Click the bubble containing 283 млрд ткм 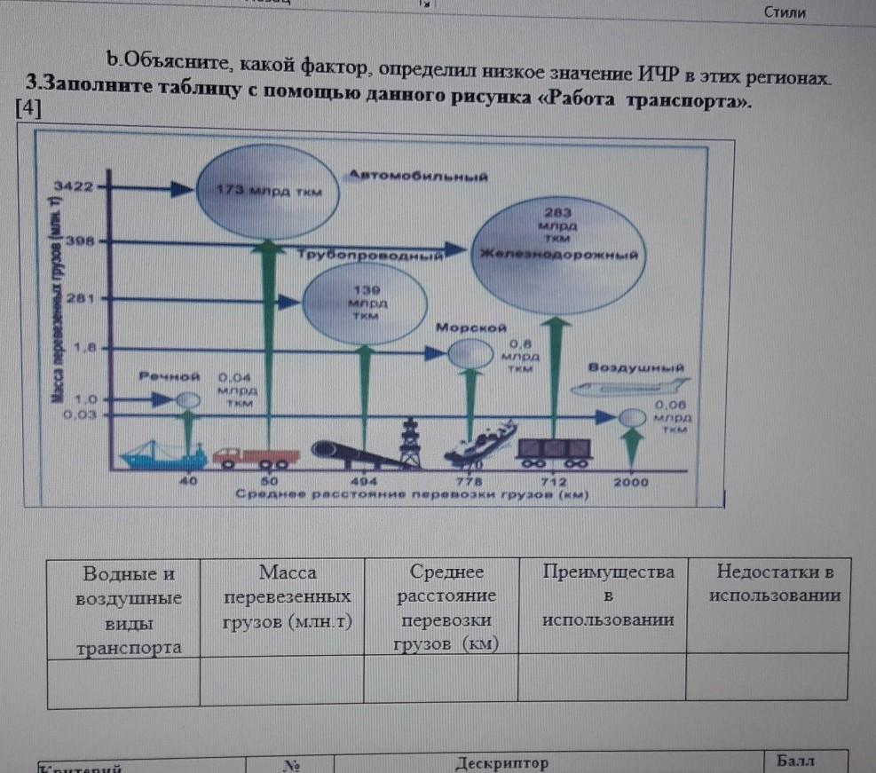[x=557, y=253]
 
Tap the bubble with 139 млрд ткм [x=364, y=304]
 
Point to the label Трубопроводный [x=372, y=256]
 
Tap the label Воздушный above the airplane [x=635, y=367]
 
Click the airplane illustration [x=631, y=388]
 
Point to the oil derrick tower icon [x=409, y=443]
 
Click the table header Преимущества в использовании [x=608, y=596]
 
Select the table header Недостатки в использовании [x=775, y=583]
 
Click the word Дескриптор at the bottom [x=501, y=762]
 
